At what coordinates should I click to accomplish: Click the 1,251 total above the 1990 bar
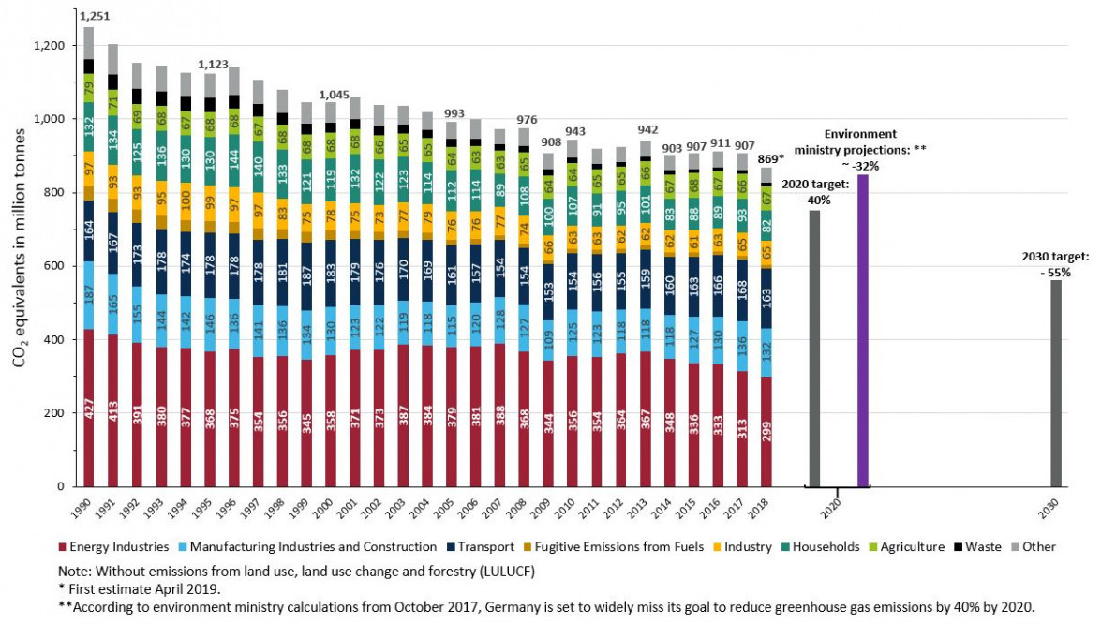point(89,17)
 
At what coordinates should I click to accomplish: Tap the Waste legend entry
point(982,547)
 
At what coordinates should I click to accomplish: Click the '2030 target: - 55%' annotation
point(1052,263)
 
